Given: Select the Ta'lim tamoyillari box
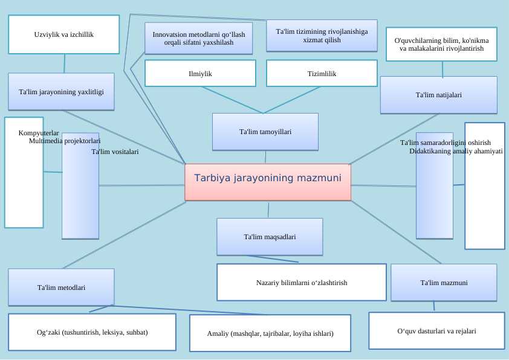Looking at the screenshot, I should click(x=265, y=132).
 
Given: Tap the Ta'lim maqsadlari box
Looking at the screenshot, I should click(x=270, y=237).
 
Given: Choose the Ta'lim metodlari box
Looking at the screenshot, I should click(x=61, y=287).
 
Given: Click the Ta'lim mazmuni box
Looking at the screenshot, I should click(x=444, y=282).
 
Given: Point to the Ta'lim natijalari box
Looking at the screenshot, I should click(x=439, y=95).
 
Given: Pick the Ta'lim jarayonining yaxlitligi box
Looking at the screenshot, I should click(x=61, y=92).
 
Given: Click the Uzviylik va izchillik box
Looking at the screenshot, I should click(x=63, y=34).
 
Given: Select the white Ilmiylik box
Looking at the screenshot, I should click(x=201, y=73).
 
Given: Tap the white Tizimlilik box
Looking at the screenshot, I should click(x=322, y=73).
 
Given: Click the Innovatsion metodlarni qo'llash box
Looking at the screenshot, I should click(x=199, y=39).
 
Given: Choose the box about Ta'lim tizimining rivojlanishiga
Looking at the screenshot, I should click(x=322, y=36).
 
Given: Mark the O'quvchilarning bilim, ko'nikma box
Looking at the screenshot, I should click(x=441, y=44).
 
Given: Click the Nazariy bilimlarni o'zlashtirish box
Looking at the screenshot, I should click(x=302, y=282).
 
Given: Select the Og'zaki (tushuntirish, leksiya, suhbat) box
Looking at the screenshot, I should click(x=92, y=332).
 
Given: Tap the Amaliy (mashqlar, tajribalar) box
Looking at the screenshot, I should click(x=270, y=333).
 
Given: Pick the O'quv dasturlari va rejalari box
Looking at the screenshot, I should click(x=436, y=331).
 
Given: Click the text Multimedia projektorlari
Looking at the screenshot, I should click(x=65, y=141).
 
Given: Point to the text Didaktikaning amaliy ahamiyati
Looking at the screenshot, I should click(x=456, y=151).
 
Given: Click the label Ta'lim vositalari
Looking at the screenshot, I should click(x=115, y=152).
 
